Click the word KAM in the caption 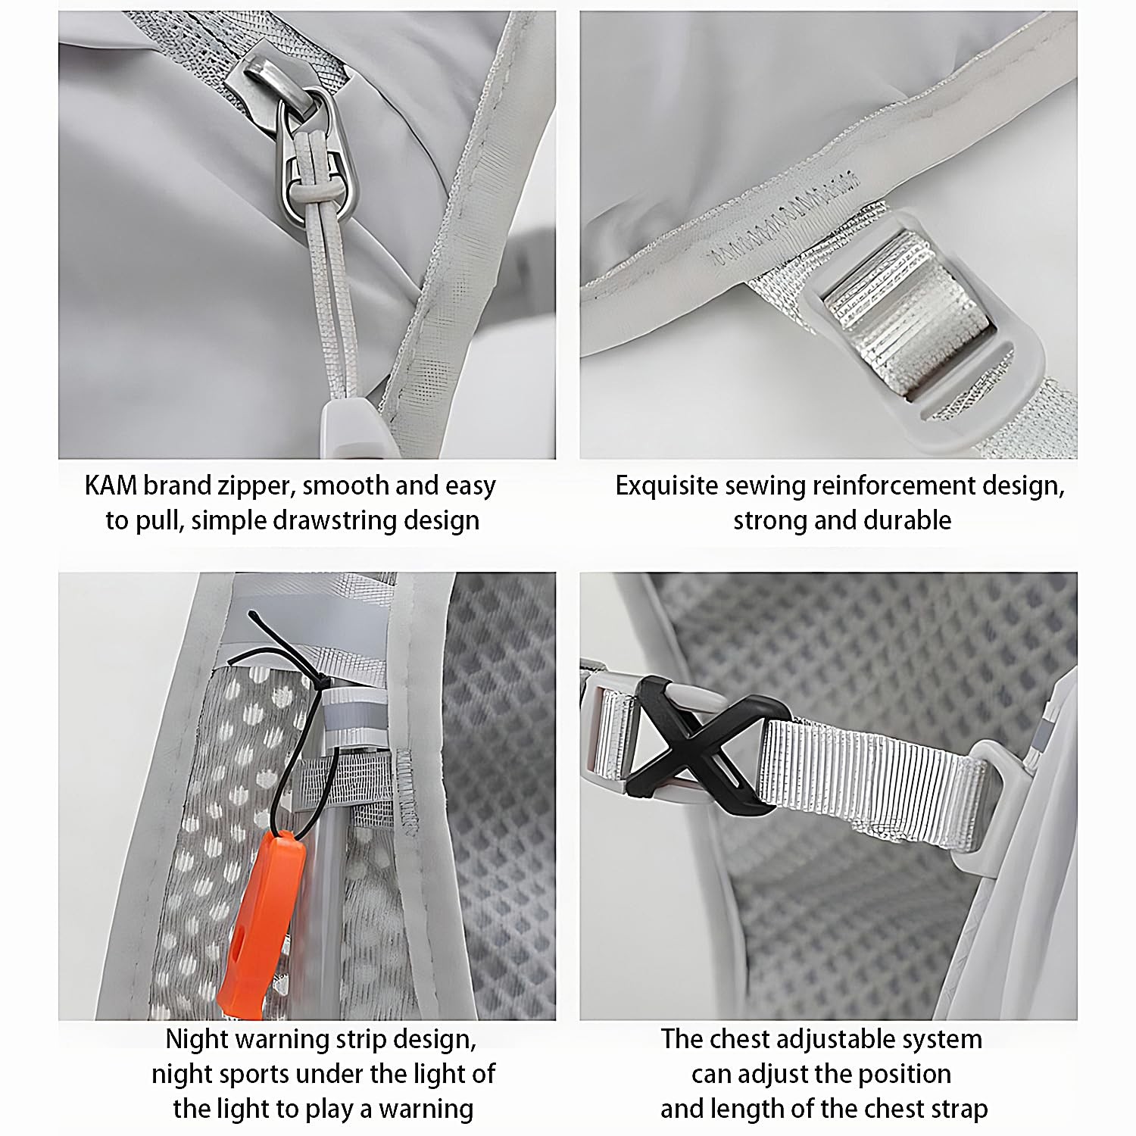click(111, 485)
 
